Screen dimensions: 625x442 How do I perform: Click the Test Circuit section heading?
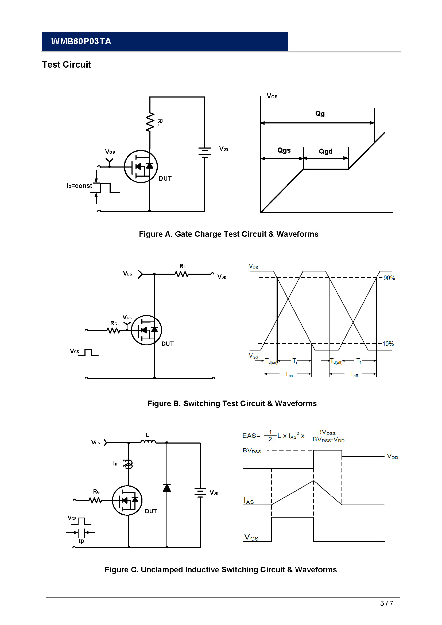pyautogui.click(x=67, y=64)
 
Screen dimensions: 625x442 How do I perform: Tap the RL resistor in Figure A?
pyautogui.click(x=150, y=122)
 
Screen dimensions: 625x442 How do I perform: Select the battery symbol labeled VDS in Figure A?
pyautogui.click(x=205, y=152)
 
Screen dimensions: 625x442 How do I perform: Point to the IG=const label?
pyautogui.click(x=79, y=186)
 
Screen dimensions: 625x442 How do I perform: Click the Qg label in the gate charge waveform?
pyautogui.click(x=320, y=114)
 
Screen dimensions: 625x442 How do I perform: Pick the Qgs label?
pyautogui.click(x=284, y=150)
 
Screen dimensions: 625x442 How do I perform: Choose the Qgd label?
pyautogui.click(x=325, y=151)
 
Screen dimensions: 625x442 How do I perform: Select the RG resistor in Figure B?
pyautogui.click(x=113, y=330)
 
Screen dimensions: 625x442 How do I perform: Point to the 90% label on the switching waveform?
pyautogui.click(x=389, y=278)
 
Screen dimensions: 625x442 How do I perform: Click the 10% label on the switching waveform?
pyautogui.click(x=388, y=344)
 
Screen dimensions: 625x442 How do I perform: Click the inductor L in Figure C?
pyautogui.click(x=148, y=441)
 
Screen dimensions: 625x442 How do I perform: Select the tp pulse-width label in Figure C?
pyautogui.click(x=82, y=541)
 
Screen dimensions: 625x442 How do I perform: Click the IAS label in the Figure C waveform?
pyautogui.click(x=249, y=501)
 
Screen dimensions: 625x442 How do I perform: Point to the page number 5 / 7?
pyautogui.click(x=386, y=604)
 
